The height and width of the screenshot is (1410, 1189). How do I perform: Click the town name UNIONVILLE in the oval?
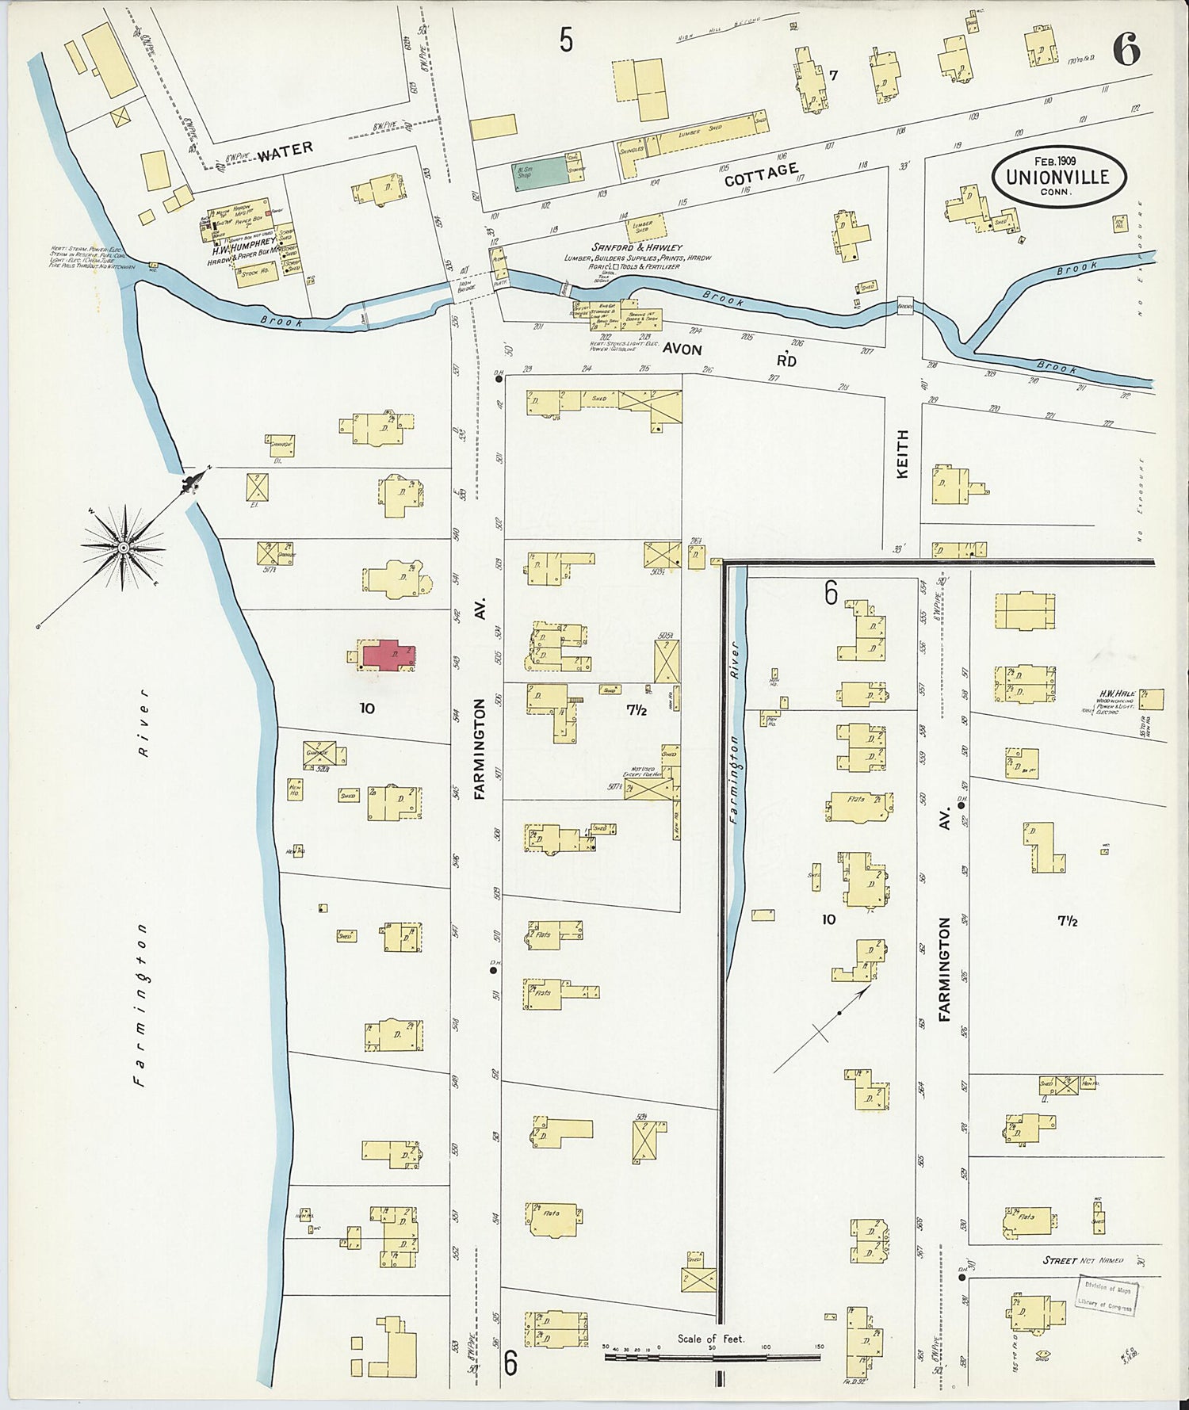tap(1060, 177)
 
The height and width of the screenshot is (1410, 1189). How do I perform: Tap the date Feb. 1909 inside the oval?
tap(1060, 159)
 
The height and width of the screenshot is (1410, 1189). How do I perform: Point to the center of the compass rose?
tap(124, 547)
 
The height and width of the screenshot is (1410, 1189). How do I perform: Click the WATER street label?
tap(285, 150)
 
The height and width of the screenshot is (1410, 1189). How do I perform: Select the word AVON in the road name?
tap(682, 349)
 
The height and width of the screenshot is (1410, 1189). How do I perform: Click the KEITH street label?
tap(902, 454)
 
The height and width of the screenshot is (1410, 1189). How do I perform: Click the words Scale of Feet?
tap(710, 1339)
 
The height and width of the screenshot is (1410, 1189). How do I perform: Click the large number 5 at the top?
tap(565, 39)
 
